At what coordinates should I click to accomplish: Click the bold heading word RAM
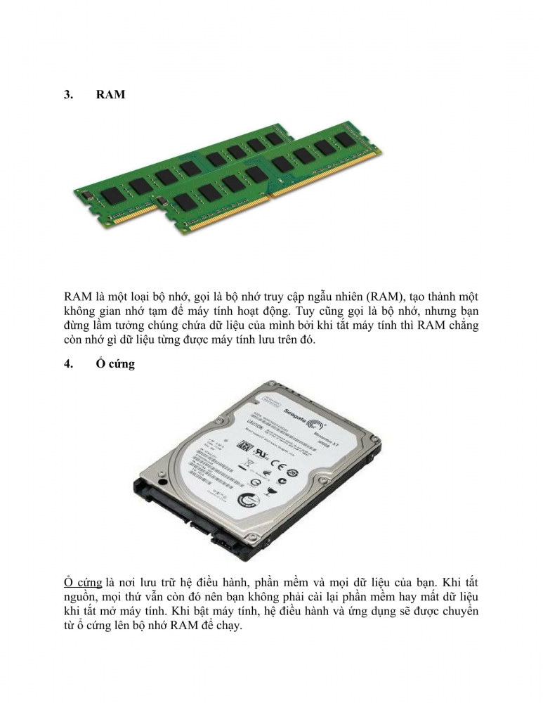click(x=110, y=94)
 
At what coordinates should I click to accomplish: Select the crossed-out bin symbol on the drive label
click(x=249, y=463)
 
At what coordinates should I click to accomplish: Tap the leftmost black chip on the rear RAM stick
click(x=112, y=195)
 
